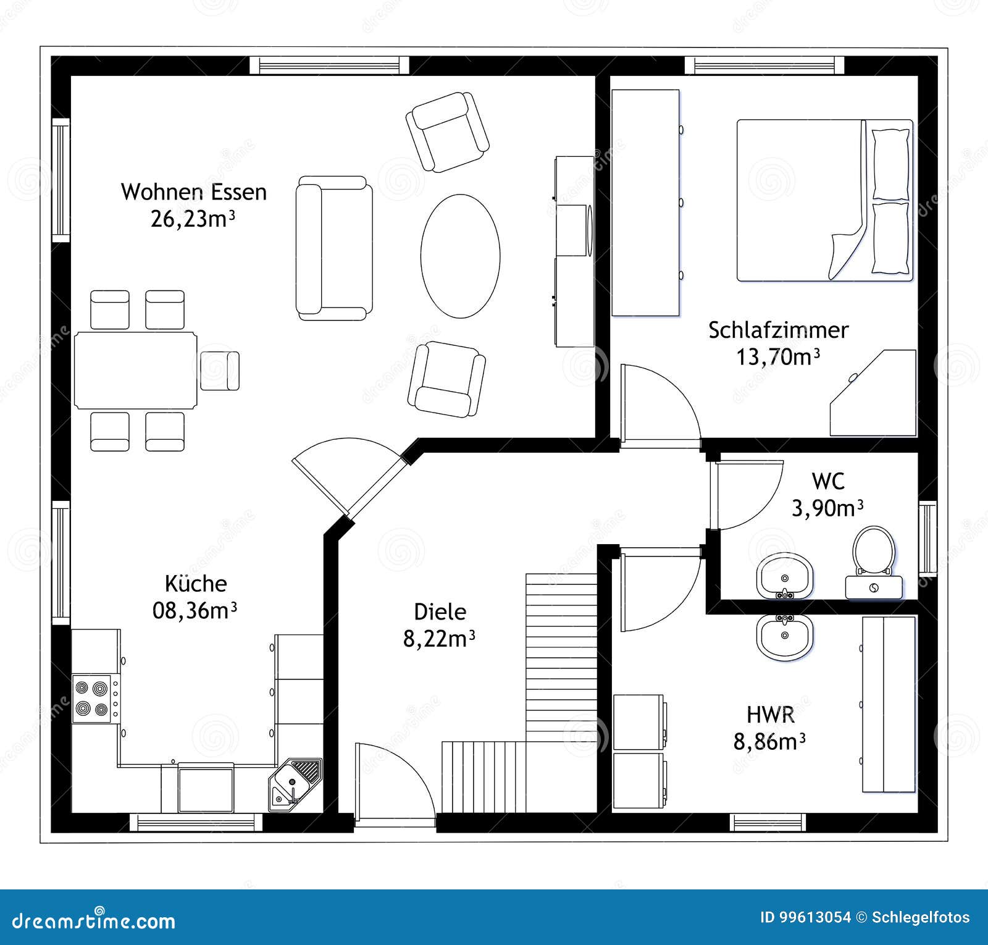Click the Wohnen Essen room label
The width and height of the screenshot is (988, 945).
coord(194,192)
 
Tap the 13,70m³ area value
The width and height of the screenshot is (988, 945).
coord(778,357)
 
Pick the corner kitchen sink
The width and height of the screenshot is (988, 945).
coord(295,783)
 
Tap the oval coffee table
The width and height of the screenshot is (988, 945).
coord(460,256)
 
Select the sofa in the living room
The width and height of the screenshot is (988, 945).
coord(333,248)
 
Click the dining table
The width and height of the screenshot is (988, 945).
coord(136,371)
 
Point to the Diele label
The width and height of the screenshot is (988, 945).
coord(440,612)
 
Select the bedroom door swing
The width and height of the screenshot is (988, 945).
coord(658,405)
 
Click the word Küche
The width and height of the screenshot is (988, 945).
coord(196,584)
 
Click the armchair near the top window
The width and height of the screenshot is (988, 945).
coord(447,132)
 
